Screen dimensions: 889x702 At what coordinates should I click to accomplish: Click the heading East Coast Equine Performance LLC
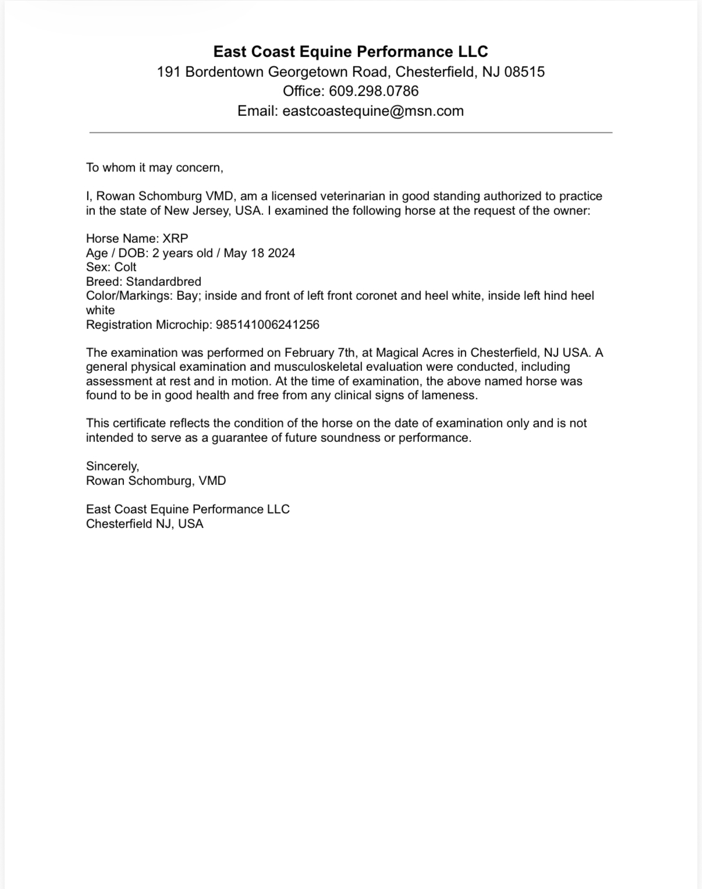coord(350,52)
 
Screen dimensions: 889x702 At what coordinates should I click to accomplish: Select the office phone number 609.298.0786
coord(374,91)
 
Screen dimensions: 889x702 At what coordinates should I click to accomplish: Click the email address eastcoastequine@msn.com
coord(373,111)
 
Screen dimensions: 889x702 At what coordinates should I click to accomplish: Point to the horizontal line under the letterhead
coord(350,133)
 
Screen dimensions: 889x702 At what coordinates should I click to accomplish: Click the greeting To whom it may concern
coord(154,168)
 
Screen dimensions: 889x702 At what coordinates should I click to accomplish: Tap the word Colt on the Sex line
coord(125,267)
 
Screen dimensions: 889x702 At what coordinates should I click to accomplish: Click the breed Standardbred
coord(164,281)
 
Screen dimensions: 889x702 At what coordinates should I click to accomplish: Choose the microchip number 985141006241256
coord(267,324)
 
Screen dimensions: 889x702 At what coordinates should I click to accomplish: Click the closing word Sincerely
coord(112,466)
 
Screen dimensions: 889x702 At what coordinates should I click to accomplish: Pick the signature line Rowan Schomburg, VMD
coord(156,481)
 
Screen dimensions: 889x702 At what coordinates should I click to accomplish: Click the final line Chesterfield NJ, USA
coord(145,523)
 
